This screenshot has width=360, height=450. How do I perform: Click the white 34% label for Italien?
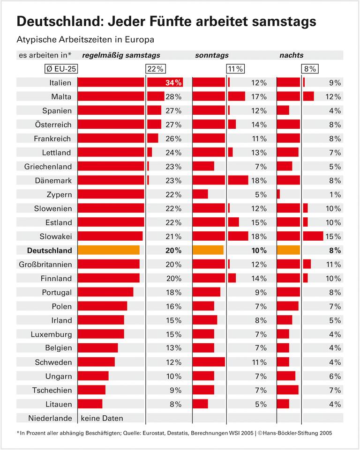coord(173,83)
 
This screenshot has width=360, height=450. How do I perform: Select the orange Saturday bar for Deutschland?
coord(108,250)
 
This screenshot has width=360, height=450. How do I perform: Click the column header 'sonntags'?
coord(212,55)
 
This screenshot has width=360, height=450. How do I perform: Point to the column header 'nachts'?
coord(291,55)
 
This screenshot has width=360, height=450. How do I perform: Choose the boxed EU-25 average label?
coord(61,69)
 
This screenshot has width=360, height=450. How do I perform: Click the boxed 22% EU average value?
coord(156,69)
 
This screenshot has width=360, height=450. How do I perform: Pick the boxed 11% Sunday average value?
coord(235,69)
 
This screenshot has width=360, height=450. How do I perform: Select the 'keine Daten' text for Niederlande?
coord(102,418)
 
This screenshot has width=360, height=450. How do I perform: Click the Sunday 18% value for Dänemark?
coord(259,181)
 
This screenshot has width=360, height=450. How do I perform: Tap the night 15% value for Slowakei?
coord(333,236)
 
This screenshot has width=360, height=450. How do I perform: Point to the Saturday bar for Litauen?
coord(90,404)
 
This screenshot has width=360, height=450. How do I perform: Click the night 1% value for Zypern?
coord(335,194)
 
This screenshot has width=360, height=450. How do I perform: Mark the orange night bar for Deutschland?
coord(288,250)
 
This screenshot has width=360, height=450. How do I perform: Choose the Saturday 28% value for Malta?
coord(173,97)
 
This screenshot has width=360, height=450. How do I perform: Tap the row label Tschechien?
coord(52,390)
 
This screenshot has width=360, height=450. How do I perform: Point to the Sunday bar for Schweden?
coord(209,362)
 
